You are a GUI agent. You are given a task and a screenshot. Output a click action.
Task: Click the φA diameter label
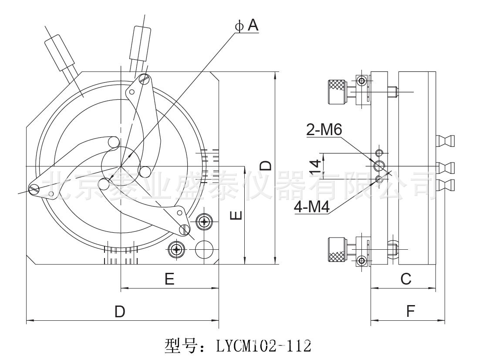point(247,26)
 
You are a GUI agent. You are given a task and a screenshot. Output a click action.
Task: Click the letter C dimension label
point(405,278)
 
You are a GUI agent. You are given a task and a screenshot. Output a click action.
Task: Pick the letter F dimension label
point(410,312)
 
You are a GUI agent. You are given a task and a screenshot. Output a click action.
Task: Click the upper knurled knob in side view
point(337,91)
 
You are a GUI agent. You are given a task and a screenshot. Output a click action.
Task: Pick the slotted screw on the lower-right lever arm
point(185,228)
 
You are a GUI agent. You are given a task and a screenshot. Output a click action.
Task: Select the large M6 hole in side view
point(379,166)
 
